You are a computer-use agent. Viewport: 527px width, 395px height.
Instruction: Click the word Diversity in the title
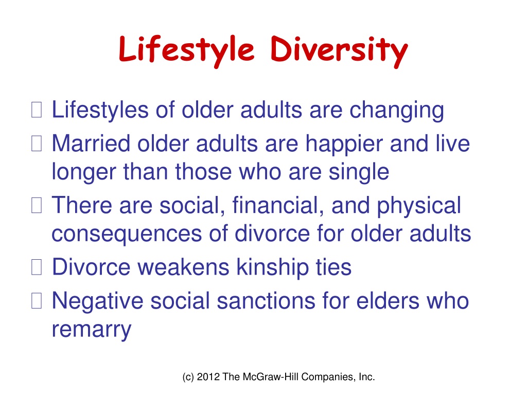pyautogui.click(x=339, y=51)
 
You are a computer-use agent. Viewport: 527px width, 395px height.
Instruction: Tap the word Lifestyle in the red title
pyautogui.click(x=186, y=50)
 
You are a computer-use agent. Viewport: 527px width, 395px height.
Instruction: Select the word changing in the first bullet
pyautogui.click(x=397, y=111)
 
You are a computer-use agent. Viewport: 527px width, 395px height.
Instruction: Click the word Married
pyautogui.click(x=91, y=143)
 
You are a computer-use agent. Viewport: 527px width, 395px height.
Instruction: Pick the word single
pyautogui.click(x=359, y=173)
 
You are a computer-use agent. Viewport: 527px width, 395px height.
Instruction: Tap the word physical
pyautogui.click(x=419, y=207)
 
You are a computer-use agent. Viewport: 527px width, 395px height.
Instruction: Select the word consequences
pyautogui.click(x=127, y=235)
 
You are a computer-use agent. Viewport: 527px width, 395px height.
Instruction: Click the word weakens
pyautogui.click(x=184, y=267)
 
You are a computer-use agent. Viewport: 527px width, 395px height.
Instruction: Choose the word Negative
pyautogui.click(x=97, y=301)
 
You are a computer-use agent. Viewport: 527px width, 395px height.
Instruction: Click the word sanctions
pyautogui.click(x=266, y=300)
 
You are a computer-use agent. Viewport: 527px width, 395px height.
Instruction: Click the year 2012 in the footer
pyautogui.click(x=208, y=377)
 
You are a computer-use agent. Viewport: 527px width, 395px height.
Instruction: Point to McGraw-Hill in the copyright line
pyautogui.click(x=271, y=377)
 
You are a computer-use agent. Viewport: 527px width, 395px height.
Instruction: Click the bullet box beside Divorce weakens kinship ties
pyautogui.click(x=37, y=267)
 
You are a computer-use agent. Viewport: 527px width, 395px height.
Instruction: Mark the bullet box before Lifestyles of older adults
pyautogui.click(x=37, y=110)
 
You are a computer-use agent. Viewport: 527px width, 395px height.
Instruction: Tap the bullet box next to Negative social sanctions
pyautogui.click(x=37, y=300)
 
